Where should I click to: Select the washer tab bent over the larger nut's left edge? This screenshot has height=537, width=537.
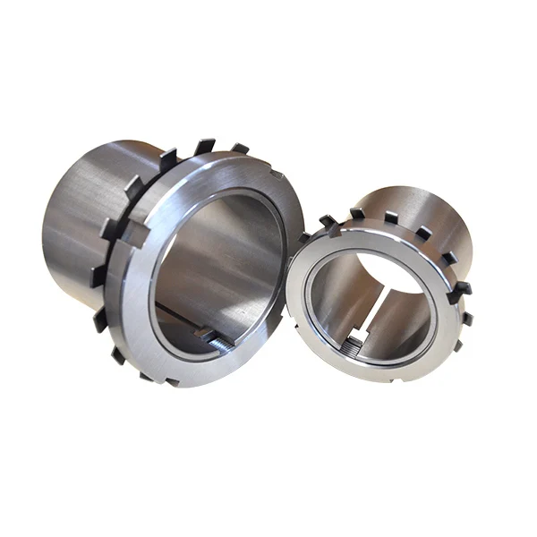(134, 234)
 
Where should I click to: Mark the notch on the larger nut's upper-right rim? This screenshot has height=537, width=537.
(274, 175)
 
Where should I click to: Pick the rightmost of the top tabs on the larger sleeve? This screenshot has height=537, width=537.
(239, 148)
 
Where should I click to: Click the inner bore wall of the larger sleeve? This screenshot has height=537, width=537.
(224, 260)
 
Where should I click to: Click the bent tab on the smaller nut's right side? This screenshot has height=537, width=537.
(462, 289)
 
